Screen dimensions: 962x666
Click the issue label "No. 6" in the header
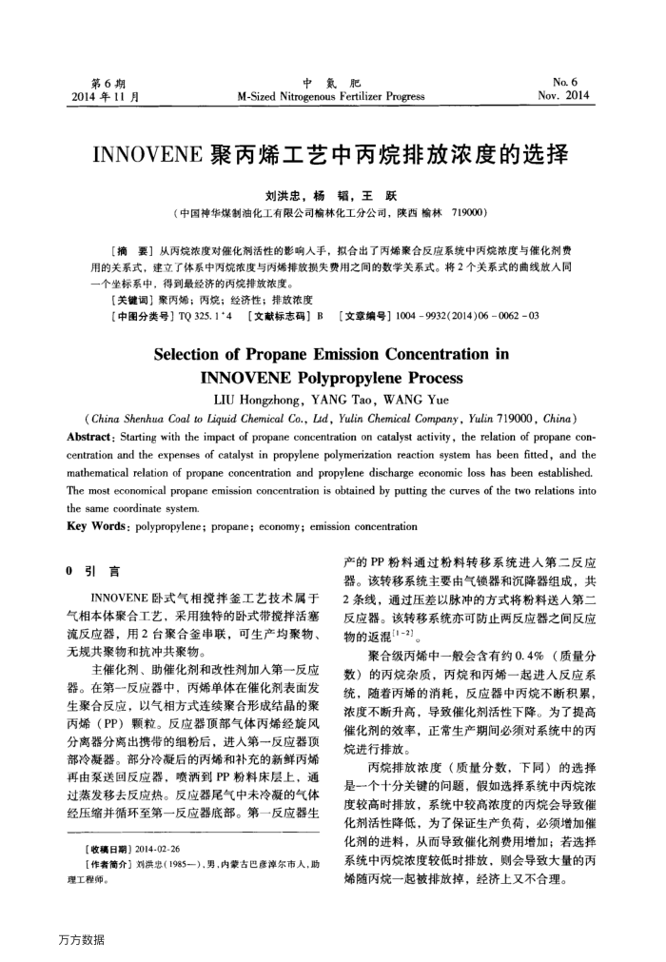(x=577, y=82)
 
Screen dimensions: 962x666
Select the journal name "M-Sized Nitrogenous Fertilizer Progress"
(x=331, y=96)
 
